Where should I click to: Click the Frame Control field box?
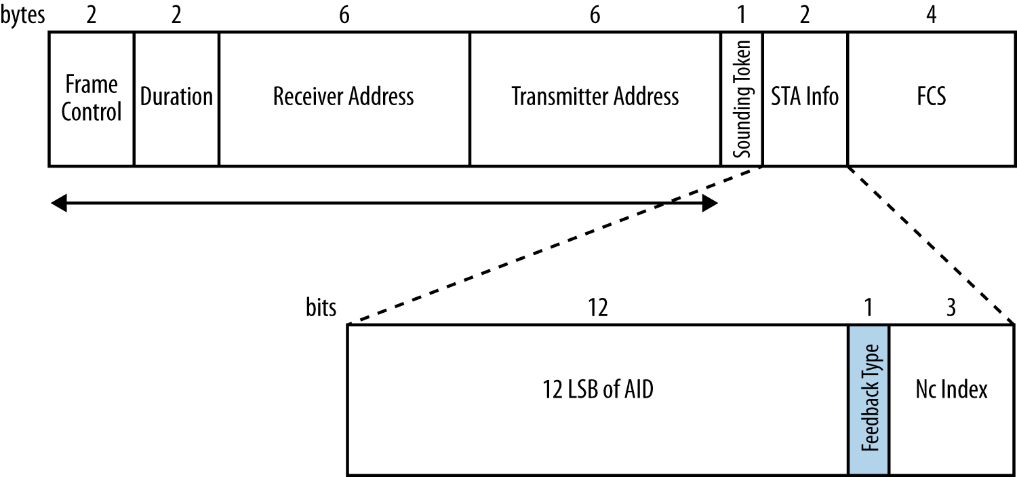[91, 98]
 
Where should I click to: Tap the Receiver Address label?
[343, 96]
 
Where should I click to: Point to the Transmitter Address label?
[595, 96]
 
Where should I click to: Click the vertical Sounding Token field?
[742, 98]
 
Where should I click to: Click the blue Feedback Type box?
[869, 399]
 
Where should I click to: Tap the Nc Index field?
[951, 390]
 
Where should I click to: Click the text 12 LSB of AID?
[598, 390]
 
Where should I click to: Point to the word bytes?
[23, 16]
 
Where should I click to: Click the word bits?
[321, 308]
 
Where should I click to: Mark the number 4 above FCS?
[932, 15]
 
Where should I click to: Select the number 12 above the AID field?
[598, 308]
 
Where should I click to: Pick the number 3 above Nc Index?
[951, 308]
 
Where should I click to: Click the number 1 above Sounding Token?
[742, 15]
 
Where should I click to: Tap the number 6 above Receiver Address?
[344, 15]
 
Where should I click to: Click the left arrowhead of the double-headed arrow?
[59, 203]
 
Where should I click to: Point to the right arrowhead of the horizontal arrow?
[710, 203]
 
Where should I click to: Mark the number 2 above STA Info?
[805, 15]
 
